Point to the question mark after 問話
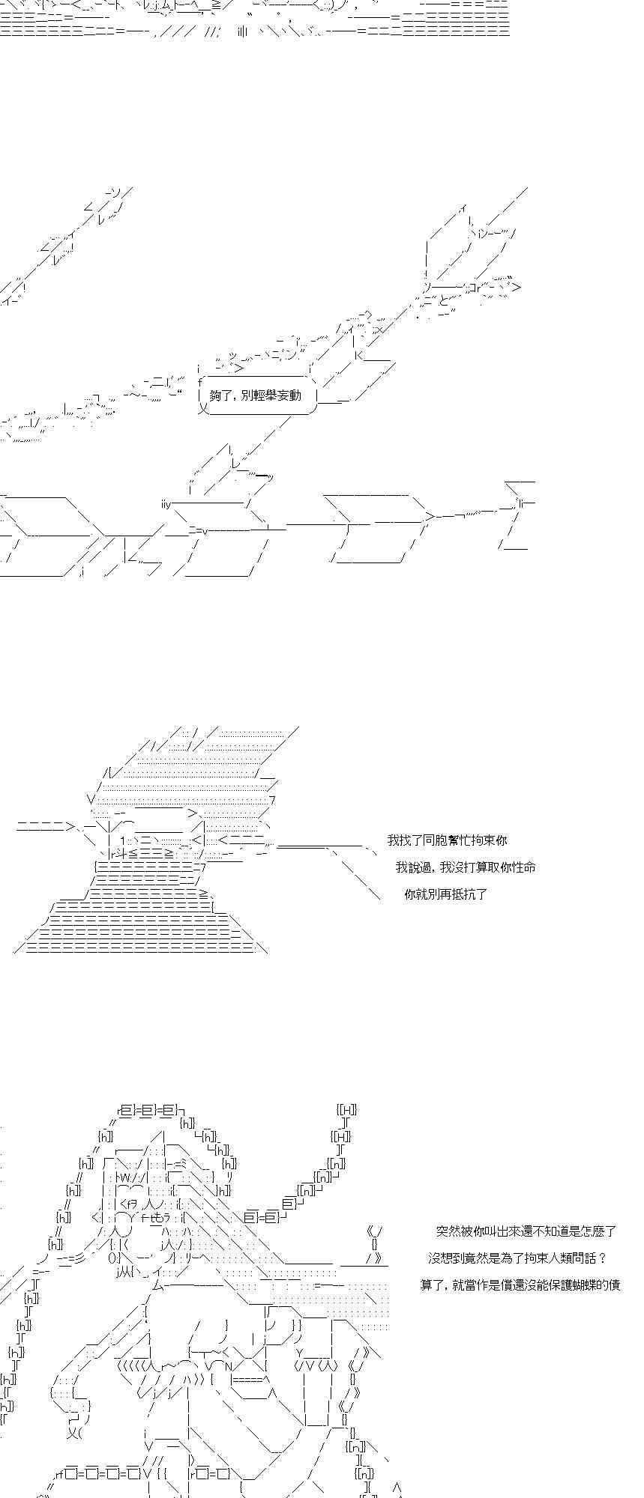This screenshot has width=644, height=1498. (x=602, y=1258)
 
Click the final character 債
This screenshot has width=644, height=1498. (x=614, y=1285)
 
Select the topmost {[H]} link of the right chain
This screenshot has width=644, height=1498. (x=346, y=1109)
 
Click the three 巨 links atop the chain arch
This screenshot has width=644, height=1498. (x=148, y=1109)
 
